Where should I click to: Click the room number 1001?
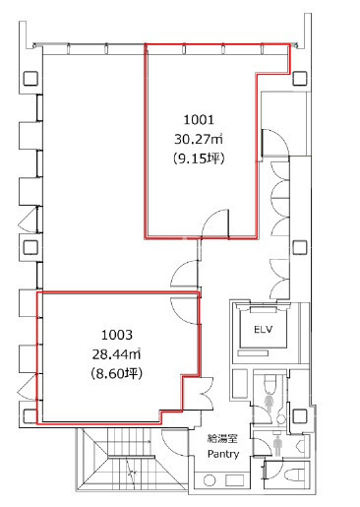click(199, 120)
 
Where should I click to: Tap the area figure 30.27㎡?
click(199, 140)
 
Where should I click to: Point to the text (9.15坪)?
click(199, 159)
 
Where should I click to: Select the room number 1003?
click(117, 335)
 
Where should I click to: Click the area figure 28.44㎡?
click(117, 354)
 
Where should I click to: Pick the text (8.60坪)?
click(117, 373)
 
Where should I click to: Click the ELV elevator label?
click(264, 329)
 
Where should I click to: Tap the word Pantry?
click(223, 454)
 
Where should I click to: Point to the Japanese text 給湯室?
click(222, 438)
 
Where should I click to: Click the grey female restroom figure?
click(270, 403)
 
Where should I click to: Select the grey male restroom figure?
click(277, 446)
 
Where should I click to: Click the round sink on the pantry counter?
click(209, 480)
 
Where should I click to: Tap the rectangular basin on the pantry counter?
click(234, 480)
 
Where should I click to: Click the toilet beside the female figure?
click(270, 382)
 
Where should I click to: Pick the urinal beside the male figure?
click(302, 445)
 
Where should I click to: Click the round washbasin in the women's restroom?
click(280, 419)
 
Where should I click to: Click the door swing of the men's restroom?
click(263, 444)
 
